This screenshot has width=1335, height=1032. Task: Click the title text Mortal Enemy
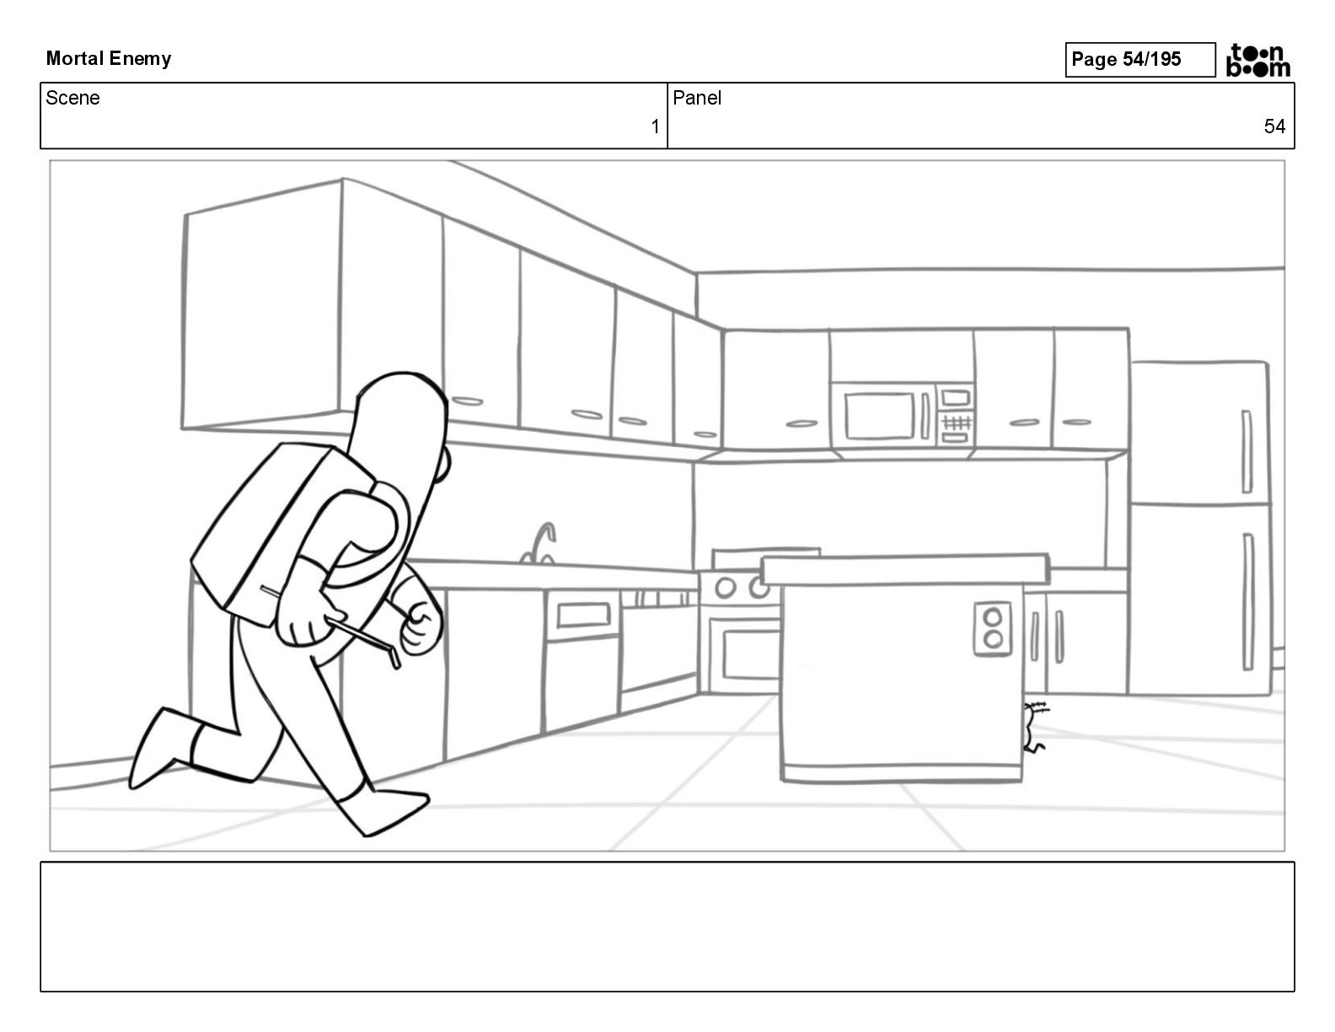click(108, 58)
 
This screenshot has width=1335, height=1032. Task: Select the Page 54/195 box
click(1139, 59)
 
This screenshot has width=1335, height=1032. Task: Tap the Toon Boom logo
click(1257, 60)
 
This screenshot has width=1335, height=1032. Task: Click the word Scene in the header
click(72, 98)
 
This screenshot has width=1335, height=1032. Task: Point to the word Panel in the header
click(697, 98)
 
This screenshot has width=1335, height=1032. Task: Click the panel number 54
click(1274, 126)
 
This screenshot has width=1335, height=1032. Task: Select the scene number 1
click(655, 126)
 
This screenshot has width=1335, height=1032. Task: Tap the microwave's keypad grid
click(956, 420)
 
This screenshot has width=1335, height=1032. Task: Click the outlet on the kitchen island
click(992, 628)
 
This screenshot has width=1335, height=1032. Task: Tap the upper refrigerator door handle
click(1247, 451)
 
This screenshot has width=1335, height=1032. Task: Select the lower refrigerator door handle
click(1247, 600)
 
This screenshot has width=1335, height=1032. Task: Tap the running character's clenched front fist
click(421, 628)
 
